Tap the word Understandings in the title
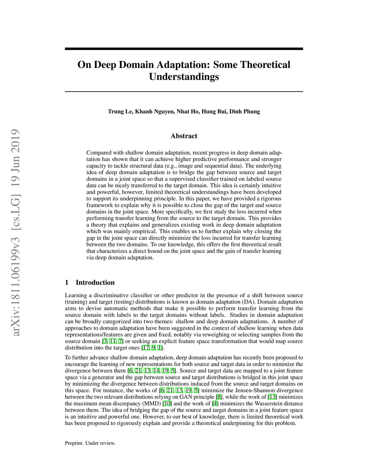[184, 77]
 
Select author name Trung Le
[120, 111]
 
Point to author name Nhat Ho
[188, 111]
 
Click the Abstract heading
[184, 136]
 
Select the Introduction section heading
[95, 282]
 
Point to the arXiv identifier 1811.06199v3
[15, 280]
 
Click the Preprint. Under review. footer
[90, 443]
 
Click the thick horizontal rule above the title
[184, 49]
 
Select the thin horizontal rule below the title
[184, 92]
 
